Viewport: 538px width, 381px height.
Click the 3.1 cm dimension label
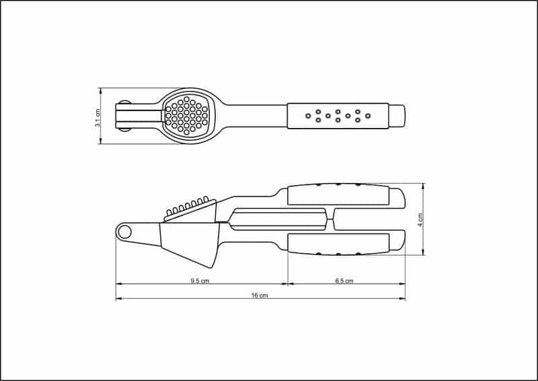click(x=98, y=118)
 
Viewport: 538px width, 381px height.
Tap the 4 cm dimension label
click(x=420, y=220)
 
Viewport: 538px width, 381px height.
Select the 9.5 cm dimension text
click(x=200, y=281)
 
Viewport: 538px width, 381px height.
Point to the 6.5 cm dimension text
click(x=344, y=281)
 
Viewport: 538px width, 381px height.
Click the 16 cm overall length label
click(x=260, y=295)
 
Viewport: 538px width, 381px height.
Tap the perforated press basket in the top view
click(x=187, y=115)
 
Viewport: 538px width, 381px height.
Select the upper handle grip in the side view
click(x=338, y=195)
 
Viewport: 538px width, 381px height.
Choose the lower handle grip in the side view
click(x=338, y=244)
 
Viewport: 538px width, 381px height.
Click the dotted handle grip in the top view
click(x=338, y=116)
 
